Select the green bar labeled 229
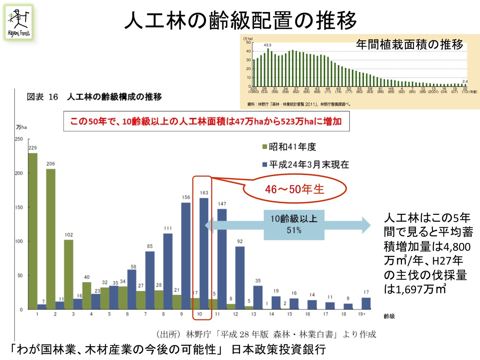pos(33,231)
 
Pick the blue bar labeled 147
pos(222,259)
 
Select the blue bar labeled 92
pos(240,278)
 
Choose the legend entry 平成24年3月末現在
pos(306,165)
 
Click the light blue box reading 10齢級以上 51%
pos(294,224)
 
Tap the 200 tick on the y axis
pos(19,173)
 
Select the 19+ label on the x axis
pos(361,314)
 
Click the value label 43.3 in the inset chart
pos(267,45)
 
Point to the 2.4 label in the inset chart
pos(465,81)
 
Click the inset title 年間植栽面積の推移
pos(409,45)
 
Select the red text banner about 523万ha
pos(206,121)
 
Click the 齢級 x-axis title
pos(389,316)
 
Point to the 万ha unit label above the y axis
pos(21,127)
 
